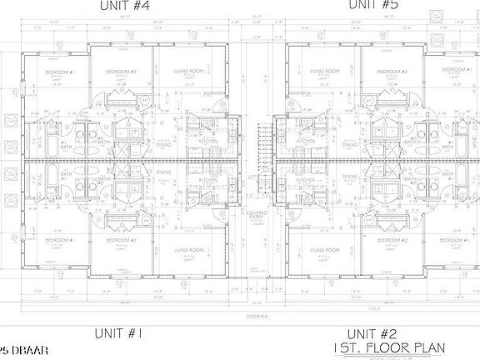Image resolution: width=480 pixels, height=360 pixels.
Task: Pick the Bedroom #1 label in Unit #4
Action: coord(61,73)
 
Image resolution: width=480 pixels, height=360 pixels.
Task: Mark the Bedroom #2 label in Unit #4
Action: coord(122,72)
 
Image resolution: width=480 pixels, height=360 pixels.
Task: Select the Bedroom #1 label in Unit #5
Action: coord(453,73)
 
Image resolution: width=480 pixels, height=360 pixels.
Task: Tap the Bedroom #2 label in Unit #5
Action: coord(392,72)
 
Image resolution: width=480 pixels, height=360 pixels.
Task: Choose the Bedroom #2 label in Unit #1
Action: coord(122,241)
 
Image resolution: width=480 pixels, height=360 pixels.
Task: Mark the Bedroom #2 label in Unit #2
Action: coord(392,241)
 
